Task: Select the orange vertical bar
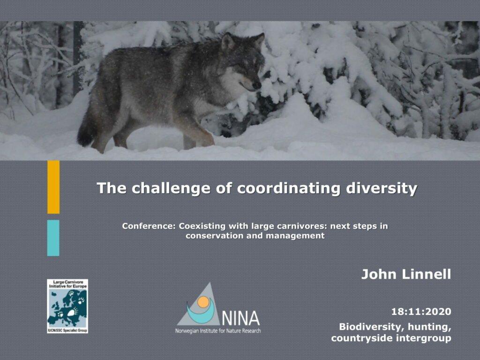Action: point(53,187)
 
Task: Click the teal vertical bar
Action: point(53,238)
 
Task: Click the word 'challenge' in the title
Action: point(171,188)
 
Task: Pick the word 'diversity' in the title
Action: point(382,188)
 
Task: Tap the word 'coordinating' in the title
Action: point(289,188)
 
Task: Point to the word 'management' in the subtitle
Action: point(295,236)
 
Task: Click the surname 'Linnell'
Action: point(426,274)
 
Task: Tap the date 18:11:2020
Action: point(421,312)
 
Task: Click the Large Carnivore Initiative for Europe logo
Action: point(67,306)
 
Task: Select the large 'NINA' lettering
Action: point(241,318)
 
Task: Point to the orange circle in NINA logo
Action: point(203,302)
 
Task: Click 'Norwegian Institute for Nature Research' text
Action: point(218,331)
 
